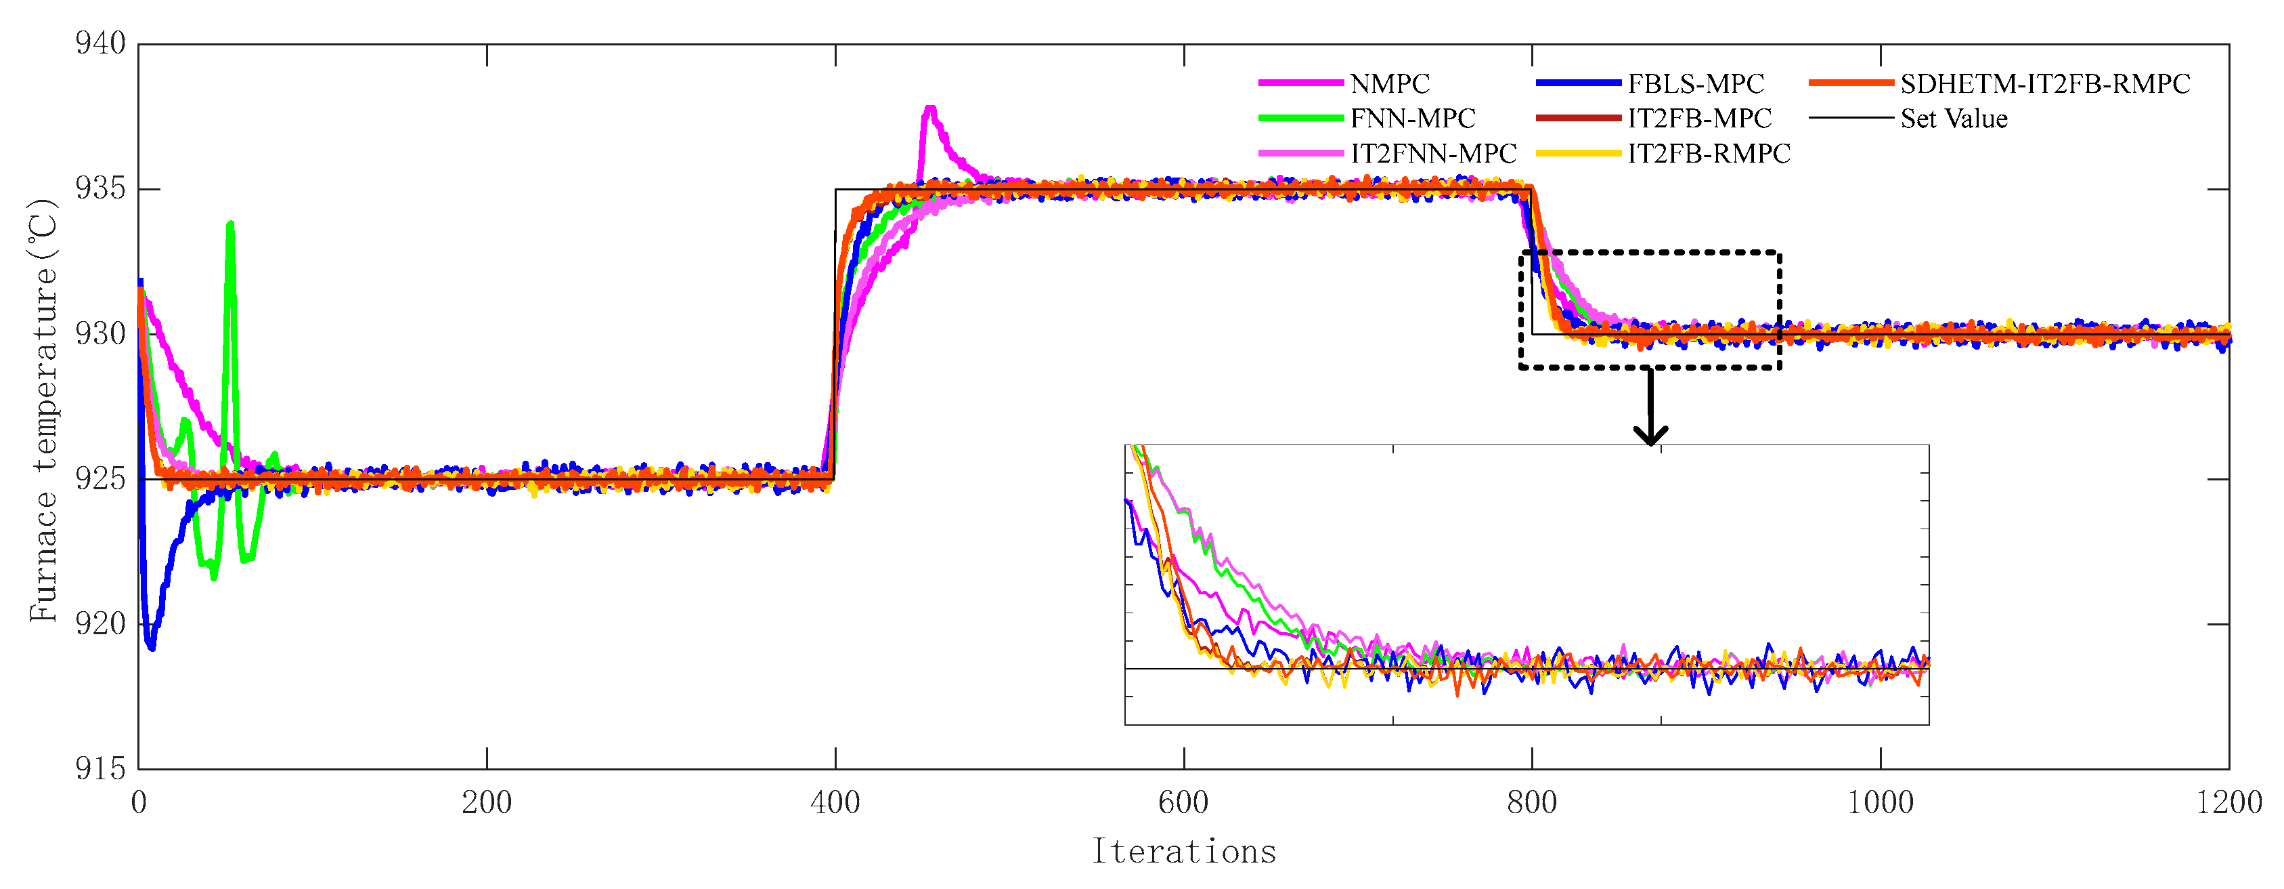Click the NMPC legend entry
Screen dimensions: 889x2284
point(1389,83)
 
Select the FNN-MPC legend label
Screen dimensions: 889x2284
point(1412,118)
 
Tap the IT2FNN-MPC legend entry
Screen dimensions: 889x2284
point(1433,154)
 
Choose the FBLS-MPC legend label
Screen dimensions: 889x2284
point(1695,83)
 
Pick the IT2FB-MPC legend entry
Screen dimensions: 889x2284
point(1699,118)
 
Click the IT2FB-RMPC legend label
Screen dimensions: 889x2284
point(1709,154)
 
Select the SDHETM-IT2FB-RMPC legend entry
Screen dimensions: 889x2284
point(2044,83)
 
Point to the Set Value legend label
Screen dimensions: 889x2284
point(1953,118)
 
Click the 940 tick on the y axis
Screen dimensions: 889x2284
point(100,43)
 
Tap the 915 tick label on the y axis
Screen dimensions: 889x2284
point(100,768)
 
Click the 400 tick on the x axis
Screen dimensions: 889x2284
point(835,803)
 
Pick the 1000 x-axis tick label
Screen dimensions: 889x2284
point(1880,803)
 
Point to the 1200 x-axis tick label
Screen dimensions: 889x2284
point(2228,803)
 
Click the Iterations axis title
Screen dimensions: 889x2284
point(1184,851)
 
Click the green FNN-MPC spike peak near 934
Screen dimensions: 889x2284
point(231,224)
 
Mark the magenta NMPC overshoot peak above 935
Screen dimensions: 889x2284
point(930,109)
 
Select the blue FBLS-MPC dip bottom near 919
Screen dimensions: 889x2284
point(151,647)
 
